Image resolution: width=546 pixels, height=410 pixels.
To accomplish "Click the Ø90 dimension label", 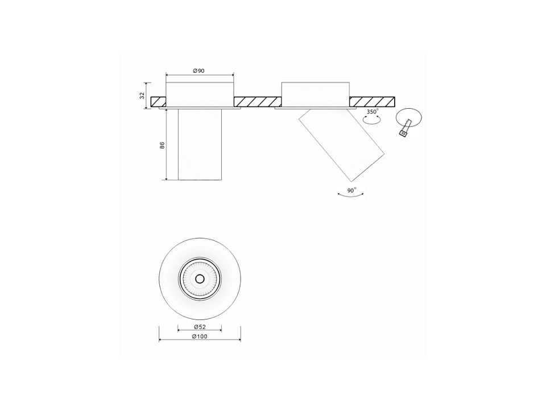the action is coord(199,71).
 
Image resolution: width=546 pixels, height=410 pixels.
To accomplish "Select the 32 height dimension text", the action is coord(142,96).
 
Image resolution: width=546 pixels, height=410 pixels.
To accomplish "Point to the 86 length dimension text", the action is coord(162,145).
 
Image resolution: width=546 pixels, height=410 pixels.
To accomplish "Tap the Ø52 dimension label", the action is coord(200,327).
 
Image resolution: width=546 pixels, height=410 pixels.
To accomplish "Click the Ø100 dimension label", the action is coord(200,337).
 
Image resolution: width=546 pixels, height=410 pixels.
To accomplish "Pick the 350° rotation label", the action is coord(372,112).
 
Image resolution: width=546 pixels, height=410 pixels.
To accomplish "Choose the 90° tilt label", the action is coord(351,190).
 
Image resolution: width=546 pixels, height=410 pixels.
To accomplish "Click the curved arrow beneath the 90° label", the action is coord(351,195).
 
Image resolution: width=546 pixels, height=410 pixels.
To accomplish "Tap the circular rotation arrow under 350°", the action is coord(371,120).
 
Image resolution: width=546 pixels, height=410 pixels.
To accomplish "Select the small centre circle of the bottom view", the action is coord(200,278).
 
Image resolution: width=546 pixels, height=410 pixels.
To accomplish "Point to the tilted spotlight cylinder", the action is coord(342,145).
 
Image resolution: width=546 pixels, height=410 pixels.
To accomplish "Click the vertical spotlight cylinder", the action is coord(200,144).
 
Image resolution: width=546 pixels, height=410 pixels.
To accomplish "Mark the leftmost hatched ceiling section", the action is coord(159,101).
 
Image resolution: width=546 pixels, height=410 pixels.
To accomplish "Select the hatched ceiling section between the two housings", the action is coord(257,101).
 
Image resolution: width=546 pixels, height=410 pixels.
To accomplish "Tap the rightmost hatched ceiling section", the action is coord(372,101).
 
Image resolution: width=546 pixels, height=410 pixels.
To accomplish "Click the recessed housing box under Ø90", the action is coord(200,94).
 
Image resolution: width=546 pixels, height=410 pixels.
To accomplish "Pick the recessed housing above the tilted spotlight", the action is coord(315,94).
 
